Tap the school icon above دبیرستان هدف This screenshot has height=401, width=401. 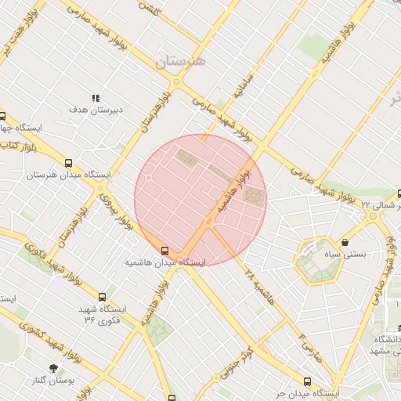click(x=96, y=98)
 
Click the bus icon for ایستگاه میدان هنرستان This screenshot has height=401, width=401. click(x=69, y=164)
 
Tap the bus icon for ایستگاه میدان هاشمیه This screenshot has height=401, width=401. click(x=164, y=251)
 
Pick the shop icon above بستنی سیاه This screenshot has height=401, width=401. click(x=345, y=243)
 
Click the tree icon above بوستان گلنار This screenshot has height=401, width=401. click(x=53, y=367)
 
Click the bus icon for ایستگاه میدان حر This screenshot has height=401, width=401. click(x=307, y=381)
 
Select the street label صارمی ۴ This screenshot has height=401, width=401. click(x=313, y=345)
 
